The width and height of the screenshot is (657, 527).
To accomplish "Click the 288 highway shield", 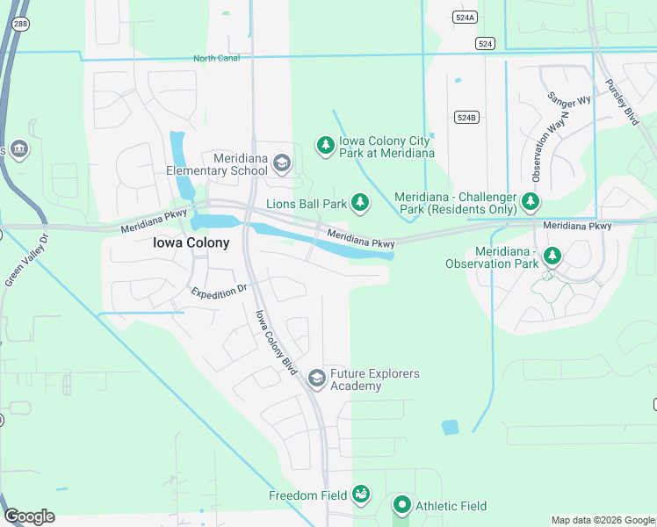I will (x=19, y=25).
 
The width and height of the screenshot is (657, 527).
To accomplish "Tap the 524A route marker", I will (x=466, y=16).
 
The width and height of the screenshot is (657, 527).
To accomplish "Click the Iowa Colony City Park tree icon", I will (x=325, y=144).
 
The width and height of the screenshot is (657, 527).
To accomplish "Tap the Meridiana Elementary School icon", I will (x=281, y=162).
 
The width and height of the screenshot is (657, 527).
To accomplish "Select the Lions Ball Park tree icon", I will (x=359, y=204).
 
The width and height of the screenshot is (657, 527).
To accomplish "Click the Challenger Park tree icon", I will (x=530, y=202).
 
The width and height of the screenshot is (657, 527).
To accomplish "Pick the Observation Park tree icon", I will (x=552, y=256).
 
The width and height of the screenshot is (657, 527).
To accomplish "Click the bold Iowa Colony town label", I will (x=191, y=242).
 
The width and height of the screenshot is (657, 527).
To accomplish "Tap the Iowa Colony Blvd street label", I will (x=277, y=343).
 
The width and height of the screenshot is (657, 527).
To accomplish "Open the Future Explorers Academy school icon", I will (x=316, y=379).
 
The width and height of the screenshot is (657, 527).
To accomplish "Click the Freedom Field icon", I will (x=360, y=495).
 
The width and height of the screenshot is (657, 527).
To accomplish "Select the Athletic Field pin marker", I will (x=401, y=505).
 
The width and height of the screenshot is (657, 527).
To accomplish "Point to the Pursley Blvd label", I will (x=622, y=103).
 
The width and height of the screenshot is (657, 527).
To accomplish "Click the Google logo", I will (x=29, y=516).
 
